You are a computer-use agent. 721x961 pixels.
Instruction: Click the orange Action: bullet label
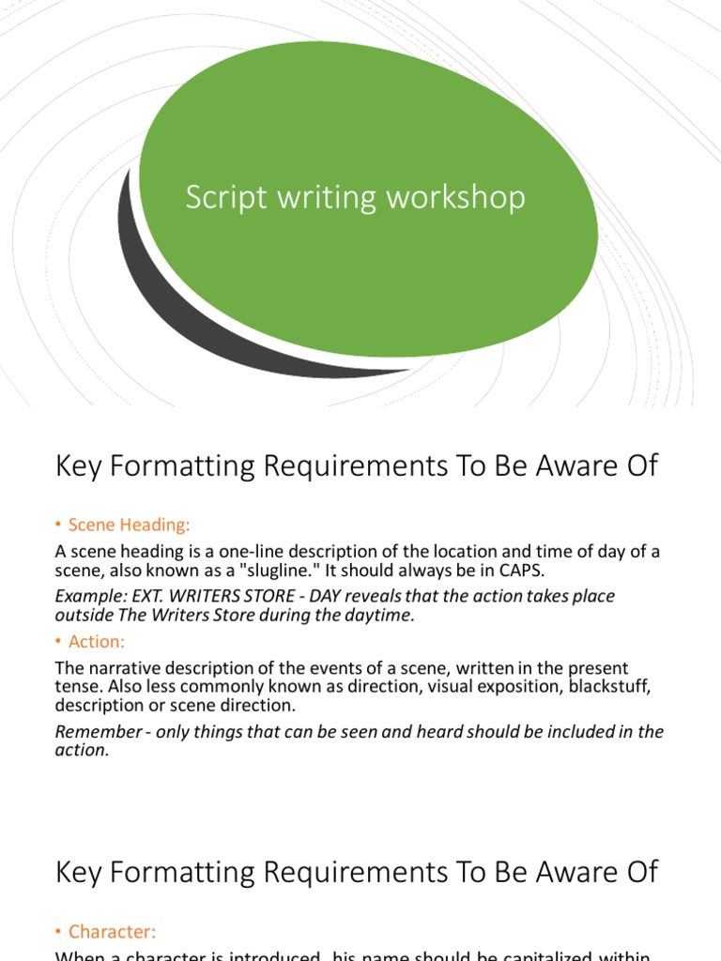[98, 642]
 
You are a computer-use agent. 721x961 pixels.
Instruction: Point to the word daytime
[379, 616]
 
